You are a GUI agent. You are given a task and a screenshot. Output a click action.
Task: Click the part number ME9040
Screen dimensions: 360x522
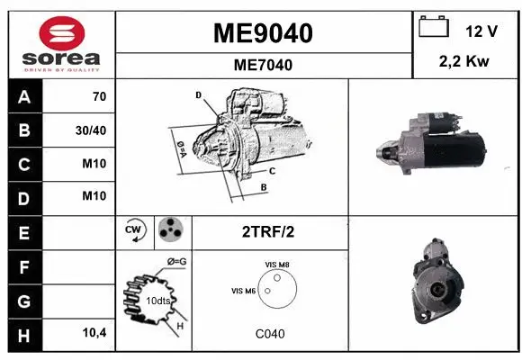click(263, 33)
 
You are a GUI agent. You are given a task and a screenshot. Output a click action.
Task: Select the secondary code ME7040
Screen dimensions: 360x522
click(263, 65)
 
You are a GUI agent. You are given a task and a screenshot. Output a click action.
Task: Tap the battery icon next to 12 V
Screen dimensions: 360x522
click(435, 26)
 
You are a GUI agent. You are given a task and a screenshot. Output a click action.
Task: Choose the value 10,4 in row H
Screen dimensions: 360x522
click(94, 333)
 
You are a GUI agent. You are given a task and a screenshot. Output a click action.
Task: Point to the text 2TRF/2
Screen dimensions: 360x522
click(268, 231)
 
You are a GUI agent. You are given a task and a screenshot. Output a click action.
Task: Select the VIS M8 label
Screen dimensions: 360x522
click(277, 264)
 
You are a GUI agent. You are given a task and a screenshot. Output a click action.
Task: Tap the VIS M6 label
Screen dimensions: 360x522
click(244, 291)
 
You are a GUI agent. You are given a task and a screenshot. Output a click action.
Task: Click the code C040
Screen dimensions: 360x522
click(269, 334)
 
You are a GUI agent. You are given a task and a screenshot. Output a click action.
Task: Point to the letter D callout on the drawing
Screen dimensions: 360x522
click(198, 94)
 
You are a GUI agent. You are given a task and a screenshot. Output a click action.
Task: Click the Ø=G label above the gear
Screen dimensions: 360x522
click(175, 262)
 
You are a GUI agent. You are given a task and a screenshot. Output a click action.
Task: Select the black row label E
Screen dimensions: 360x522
click(23, 232)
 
